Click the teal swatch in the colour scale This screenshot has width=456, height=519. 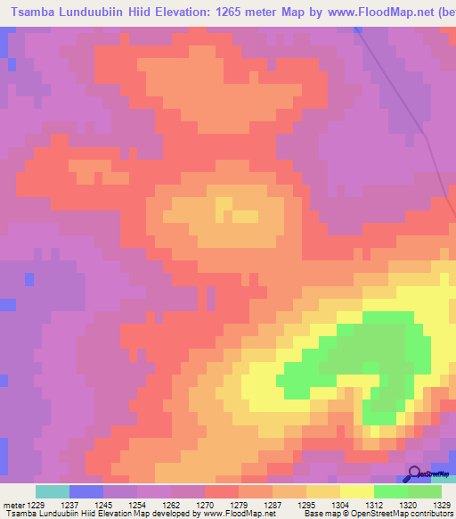tap(53, 491)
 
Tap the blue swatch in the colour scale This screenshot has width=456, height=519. tap(86, 491)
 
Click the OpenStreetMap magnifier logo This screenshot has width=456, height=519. tap(414, 474)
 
